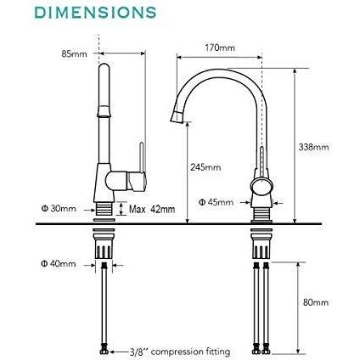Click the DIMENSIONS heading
pos(95,13)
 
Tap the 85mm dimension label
pos(74,53)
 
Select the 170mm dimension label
pos(220,48)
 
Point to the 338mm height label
pos(314,147)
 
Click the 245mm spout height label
pos(205,167)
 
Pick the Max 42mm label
pos(152,210)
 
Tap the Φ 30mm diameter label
pos(59,209)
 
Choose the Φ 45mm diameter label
pos(216,202)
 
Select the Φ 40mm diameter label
pos(59,264)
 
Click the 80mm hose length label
pos(316,302)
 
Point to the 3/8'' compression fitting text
pos(180,352)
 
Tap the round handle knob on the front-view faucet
pos(262,187)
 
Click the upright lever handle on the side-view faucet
pos(142,158)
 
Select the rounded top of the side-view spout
pos(104,67)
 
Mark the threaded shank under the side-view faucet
pos(104,210)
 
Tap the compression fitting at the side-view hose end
pos(104,352)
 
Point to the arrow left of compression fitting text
pos(119,352)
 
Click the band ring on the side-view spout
pos(104,111)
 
